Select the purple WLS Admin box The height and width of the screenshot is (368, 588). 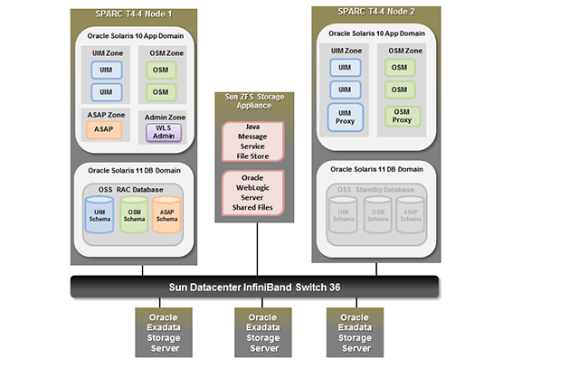[x=165, y=133]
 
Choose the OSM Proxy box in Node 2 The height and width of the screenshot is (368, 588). [x=400, y=116]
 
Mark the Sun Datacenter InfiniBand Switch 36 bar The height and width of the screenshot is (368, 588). [x=254, y=288]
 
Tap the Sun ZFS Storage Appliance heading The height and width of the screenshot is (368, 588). [x=257, y=101]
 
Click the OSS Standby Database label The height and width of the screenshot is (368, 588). [x=376, y=189]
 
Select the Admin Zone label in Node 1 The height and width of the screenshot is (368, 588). [x=165, y=118]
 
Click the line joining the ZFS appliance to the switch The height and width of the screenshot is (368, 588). [x=257, y=250]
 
